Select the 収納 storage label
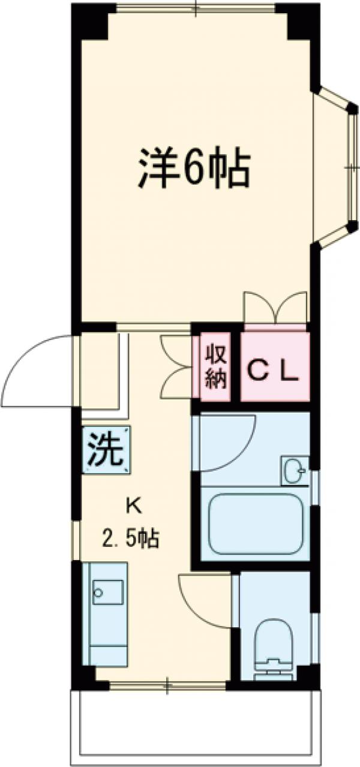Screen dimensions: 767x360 pyautogui.click(x=217, y=367)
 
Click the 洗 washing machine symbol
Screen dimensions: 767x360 pyautogui.click(x=106, y=450)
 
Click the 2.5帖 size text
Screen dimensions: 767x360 pyautogui.click(x=130, y=540)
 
